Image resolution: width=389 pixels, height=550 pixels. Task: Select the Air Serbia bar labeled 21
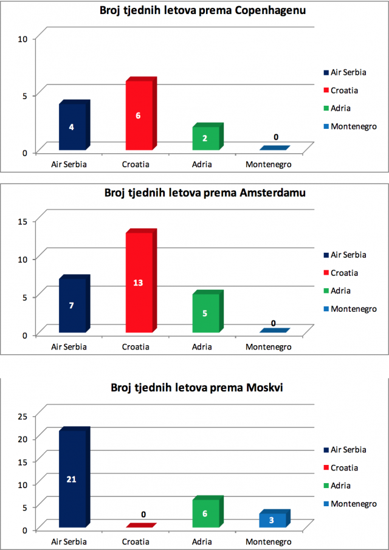[x=74, y=478]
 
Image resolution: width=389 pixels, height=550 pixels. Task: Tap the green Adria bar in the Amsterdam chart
[x=208, y=311]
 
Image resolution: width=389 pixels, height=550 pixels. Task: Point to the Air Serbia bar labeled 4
[x=74, y=125]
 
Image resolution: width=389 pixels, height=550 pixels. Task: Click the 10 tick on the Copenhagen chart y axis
[x=22, y=38]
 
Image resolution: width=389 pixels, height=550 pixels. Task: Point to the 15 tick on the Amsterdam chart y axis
[x=22, y=221]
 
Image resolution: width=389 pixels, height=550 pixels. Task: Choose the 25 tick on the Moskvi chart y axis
[x=22, y=416]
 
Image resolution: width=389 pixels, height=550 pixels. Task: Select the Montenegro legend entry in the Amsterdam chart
[x=350, y=309]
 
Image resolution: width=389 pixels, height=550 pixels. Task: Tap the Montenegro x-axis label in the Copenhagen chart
[x=269, y=165]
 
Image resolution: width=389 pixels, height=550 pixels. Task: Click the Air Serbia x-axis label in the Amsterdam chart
[x=69, y=347]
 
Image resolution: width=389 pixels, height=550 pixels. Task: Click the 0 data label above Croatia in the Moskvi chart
[x=143, y=515]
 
